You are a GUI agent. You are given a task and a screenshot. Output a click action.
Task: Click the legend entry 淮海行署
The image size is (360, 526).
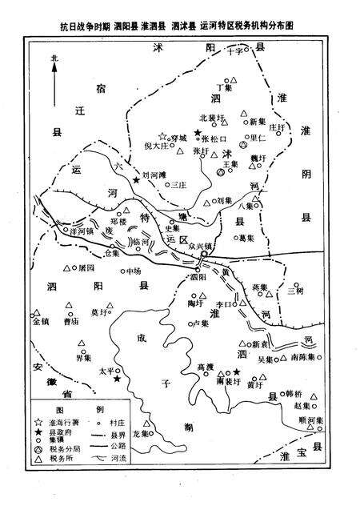point(68,421)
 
